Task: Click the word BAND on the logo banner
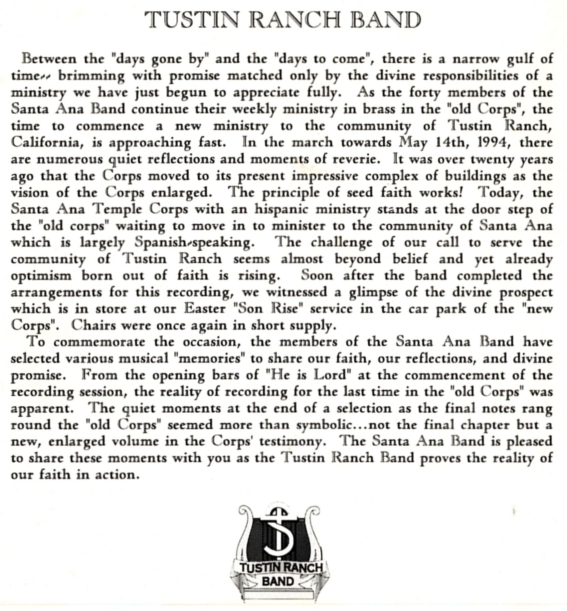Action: [x=278, y=581]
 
